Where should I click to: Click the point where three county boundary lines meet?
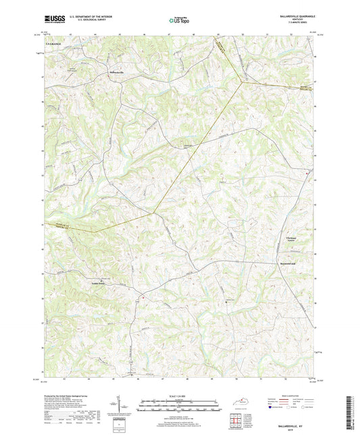(x=241, y=82)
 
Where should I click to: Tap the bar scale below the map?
(x=179, y=407)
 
